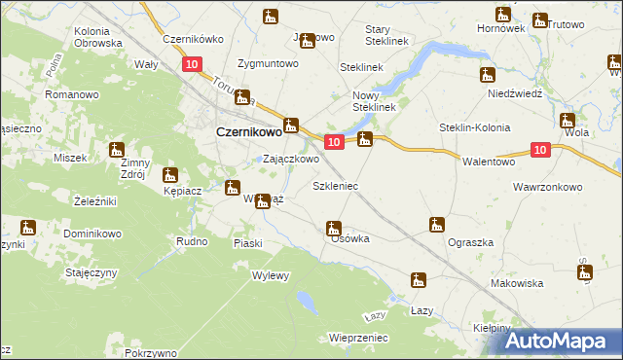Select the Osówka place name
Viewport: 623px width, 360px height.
(x=349, y=238)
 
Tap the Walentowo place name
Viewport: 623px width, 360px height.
(x=489, y=162)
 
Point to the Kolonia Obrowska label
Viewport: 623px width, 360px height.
(x=98, y=37)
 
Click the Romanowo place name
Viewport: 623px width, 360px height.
(x=71, y=94)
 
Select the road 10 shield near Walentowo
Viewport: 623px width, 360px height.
(x=542, y=149)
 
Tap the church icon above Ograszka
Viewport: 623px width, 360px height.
(x=437, y=225)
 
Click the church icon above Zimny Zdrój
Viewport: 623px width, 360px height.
(x=118, y=150)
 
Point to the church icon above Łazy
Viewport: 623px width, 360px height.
(x=419, y=281)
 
